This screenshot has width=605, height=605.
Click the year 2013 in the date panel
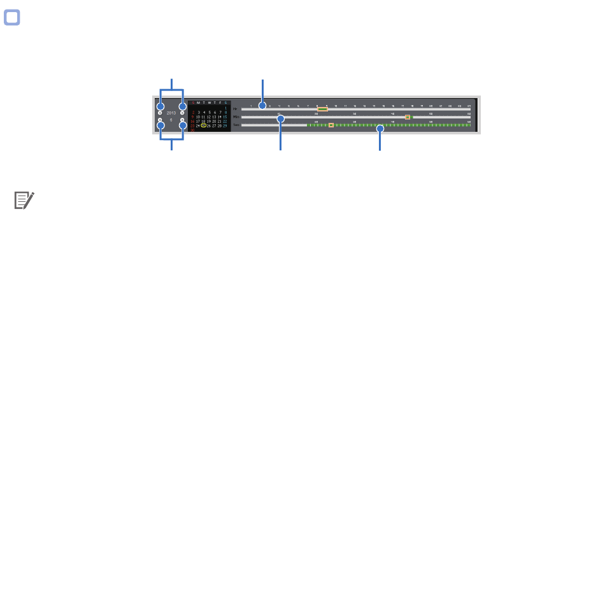click(171, 113)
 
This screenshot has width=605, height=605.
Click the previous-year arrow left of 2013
click(160, 113)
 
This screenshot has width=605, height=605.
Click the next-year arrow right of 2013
click(182, 113)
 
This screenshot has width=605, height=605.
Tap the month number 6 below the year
click(171, 120)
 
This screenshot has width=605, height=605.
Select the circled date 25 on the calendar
click(203, 126)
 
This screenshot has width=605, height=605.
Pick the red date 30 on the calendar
click(192, 131)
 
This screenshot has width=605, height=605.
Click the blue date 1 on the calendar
click(225, 108)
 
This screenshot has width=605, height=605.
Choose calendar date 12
click(209, 117)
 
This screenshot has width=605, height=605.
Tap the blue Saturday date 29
click(225, 126)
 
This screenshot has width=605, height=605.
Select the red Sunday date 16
click(192, 122)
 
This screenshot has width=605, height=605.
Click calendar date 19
click(209, 122)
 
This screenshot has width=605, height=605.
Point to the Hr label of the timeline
click(235, 110)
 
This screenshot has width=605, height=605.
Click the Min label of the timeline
click(236, 117)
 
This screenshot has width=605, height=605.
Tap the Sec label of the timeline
click(236, 125)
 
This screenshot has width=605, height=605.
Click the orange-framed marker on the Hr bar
click(322, 110)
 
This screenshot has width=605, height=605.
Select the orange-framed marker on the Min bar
click(408, 117)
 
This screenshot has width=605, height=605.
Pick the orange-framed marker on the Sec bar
click(331, 125)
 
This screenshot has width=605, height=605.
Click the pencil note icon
click(24, 201)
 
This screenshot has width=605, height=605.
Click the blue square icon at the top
click(11, 18)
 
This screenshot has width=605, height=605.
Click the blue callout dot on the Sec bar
click(381, 129)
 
